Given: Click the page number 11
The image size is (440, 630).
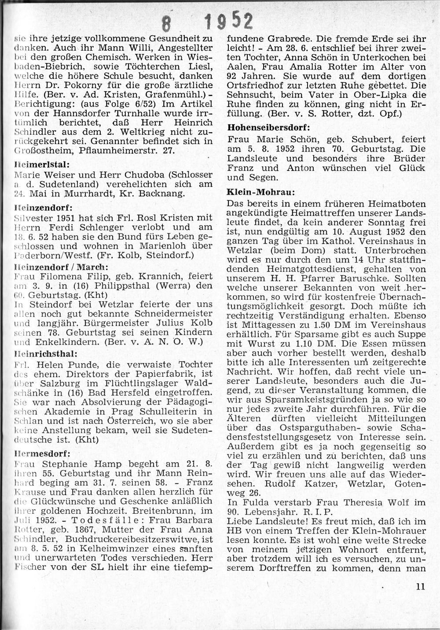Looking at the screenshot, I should pos(420,586).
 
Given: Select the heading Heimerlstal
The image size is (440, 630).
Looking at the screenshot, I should pos(42,165).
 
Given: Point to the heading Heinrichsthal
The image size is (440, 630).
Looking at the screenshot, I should pos(46,353).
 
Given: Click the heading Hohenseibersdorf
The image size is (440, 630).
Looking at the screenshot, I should pos(268,128).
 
